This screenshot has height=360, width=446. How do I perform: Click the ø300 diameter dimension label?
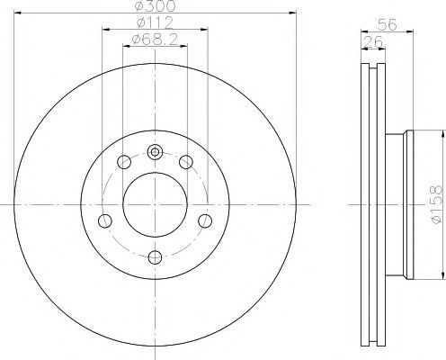(155, 5)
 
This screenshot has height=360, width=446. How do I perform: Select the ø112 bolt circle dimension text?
(155, 22)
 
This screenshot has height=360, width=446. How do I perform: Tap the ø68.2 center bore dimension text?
(155, 39)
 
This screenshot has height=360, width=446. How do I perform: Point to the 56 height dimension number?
(387, 24)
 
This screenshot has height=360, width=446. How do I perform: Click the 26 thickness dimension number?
(373, 41)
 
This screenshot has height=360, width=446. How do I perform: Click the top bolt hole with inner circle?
(155, 152)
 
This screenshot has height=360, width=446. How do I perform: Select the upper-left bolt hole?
(124, 162)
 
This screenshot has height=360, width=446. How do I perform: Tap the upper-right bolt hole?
(186, 162)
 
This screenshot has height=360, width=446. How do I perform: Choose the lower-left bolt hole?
(105, 220)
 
